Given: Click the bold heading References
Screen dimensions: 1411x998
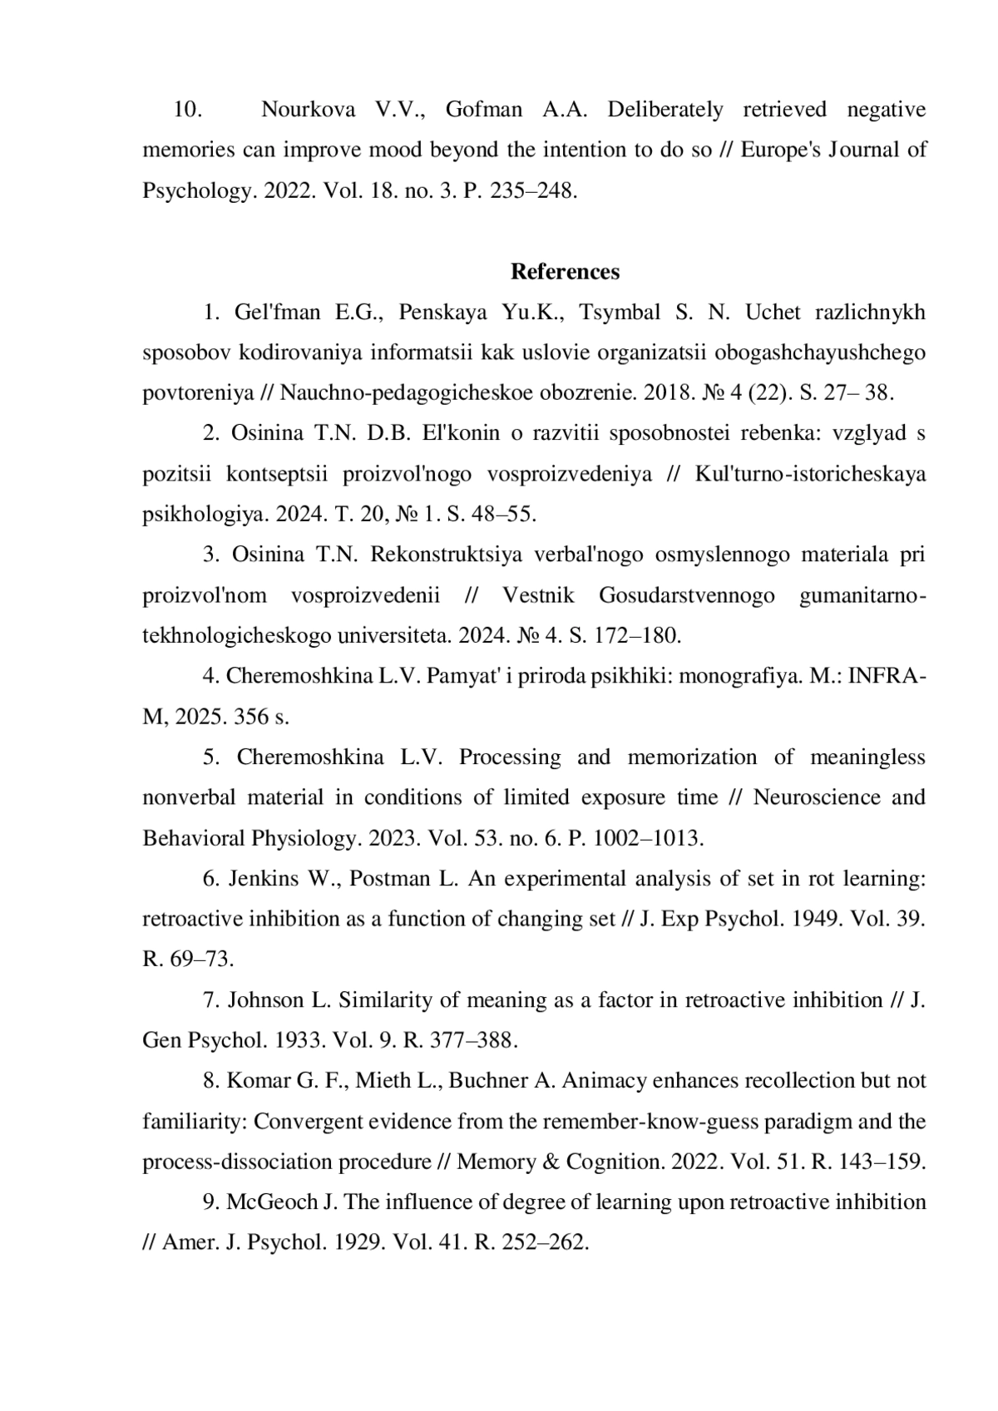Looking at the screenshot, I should (565, 272).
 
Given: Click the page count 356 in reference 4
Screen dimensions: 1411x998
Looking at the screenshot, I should (251, 716).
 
